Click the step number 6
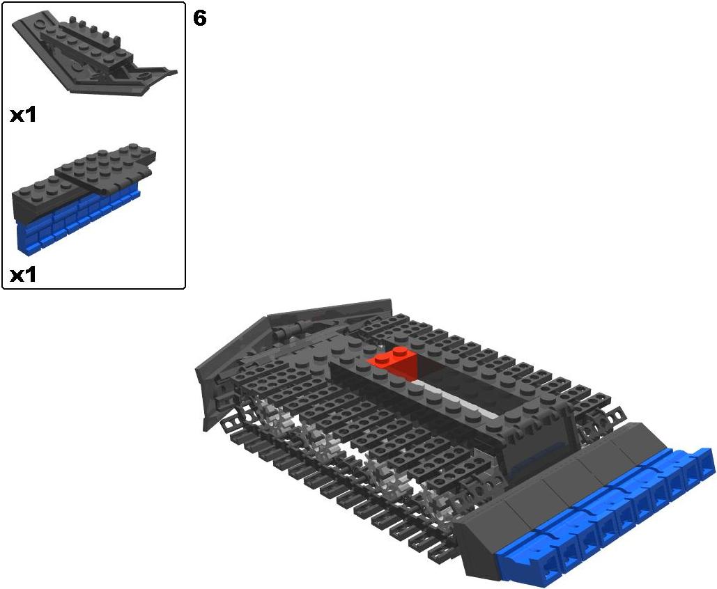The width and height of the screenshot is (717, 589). pyautogui.click(x=199, y=18)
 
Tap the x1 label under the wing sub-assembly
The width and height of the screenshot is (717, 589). pyautogui.click(x=23, y=115)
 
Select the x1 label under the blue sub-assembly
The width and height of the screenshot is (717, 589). pyautogui.click(x=23, y=274)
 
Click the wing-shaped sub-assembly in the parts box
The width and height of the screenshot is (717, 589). pyautogui.click(x=91, y=55)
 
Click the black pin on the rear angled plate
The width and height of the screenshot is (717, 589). pyautogui.click(x=293, y=329)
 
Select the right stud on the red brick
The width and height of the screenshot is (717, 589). pyautogui.click(x=401, y=351)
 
